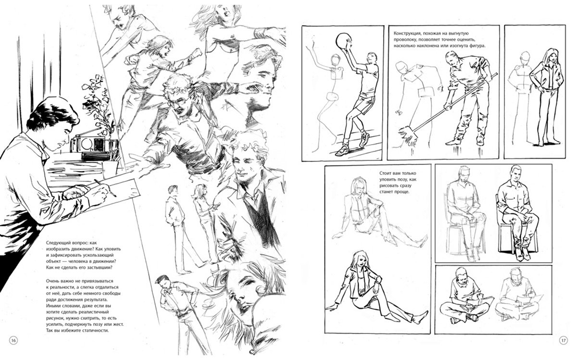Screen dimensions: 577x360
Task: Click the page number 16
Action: (13, 340)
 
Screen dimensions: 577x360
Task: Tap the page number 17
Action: (564, 340)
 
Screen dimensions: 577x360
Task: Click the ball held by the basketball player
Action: (343, 41)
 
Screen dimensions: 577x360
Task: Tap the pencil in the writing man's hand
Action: (105, 188)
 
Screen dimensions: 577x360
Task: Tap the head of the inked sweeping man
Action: (452, 58)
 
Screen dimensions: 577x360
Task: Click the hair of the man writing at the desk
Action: (53, 113)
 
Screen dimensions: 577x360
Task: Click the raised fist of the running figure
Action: (197, 53)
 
